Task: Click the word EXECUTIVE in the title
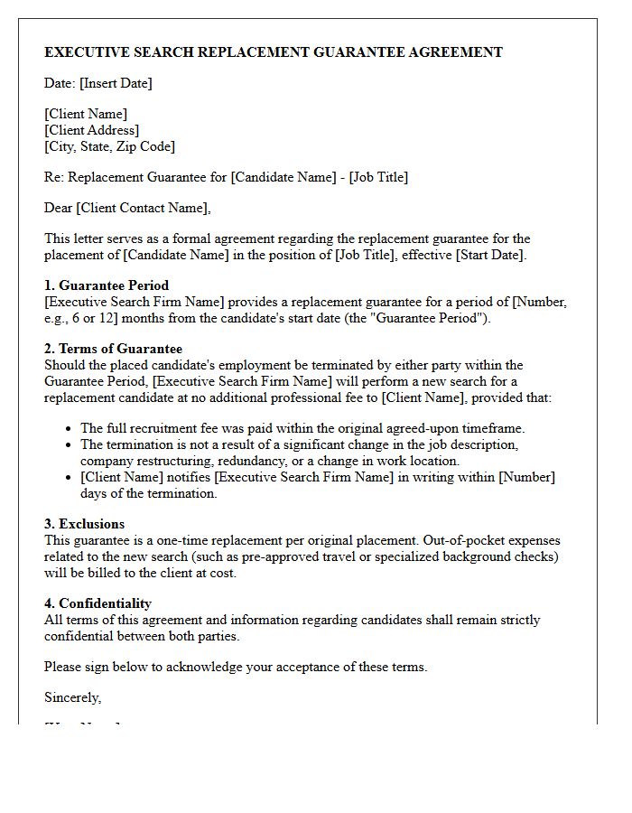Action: pos(86,52)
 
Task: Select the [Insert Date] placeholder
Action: pos(116,83)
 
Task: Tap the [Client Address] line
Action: pos(91,130)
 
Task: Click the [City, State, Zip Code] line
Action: pos(109,146)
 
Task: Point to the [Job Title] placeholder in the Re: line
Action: pos(378,177)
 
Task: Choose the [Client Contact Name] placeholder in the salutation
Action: pos(143,208)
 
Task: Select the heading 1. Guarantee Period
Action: pos(107,285)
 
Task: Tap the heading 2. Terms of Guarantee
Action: pos(113,349)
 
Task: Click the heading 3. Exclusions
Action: pos(85,524)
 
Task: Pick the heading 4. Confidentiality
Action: pos(98,603)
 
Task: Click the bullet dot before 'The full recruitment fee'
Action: pos(70,429)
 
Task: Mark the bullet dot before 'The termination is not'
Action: pos(70,445)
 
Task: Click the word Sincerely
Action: pos(72,697)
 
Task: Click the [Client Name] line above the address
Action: pos(86,114)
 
